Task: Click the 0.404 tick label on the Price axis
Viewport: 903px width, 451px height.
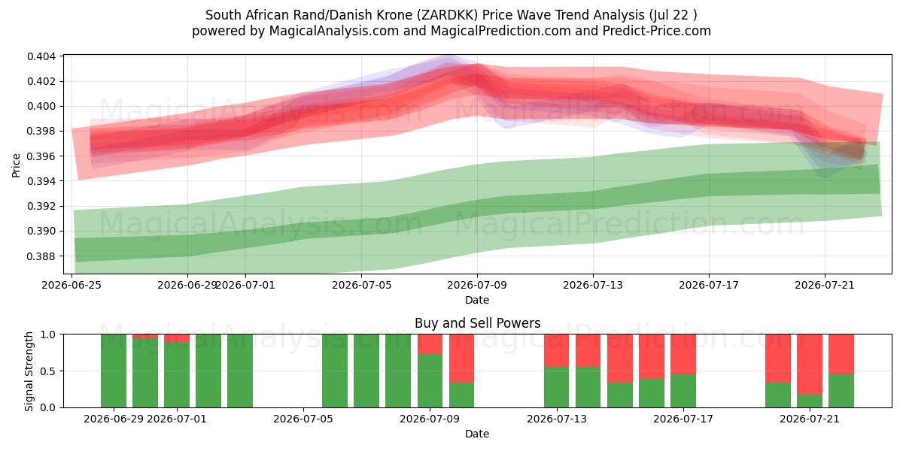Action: coord(41,56)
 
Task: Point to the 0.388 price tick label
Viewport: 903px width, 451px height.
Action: coord(41,256)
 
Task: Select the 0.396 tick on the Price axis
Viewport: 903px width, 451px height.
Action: coord(41,156)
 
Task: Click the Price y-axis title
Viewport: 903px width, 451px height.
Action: coord(16,165)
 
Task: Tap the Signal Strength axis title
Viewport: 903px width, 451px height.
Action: coord(29,371)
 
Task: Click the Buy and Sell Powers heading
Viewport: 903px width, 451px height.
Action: coord(477,323)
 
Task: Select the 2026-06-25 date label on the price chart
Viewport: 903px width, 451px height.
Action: coord(71,285)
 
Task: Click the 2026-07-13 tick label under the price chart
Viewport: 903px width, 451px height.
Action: coord(593,285)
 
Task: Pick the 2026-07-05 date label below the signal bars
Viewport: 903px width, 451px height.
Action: coord(303,419)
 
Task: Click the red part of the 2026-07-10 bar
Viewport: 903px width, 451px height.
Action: coord(461,359)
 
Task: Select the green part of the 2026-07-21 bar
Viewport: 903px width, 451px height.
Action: coord(810,401)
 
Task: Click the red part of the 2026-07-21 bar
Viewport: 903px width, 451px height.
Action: coord(810,365)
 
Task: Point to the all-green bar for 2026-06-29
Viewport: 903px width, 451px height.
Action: coord(114,371)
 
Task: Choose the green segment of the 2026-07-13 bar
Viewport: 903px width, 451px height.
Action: coord(556,387)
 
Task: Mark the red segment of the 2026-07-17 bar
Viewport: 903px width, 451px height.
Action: coord(683,354)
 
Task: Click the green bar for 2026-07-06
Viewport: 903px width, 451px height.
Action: coord(335,371)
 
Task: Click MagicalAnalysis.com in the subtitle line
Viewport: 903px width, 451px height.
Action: coord(334,31)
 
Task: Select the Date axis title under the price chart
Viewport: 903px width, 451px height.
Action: coord(477,300)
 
